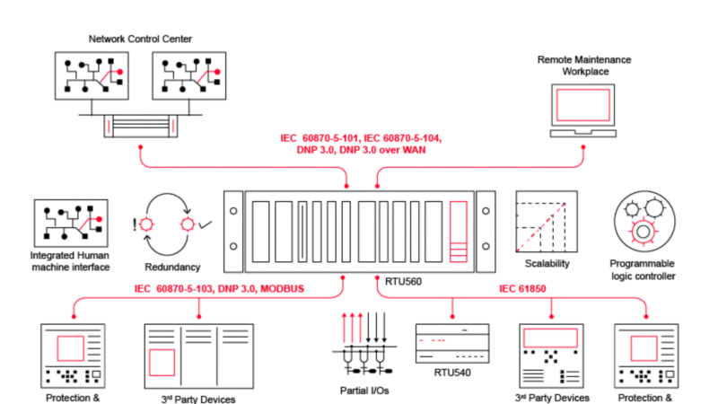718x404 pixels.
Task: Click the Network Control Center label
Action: [x=140, y=39]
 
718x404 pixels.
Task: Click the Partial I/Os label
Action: [x=364, y=391]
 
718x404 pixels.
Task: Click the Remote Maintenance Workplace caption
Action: [x=584, y=65]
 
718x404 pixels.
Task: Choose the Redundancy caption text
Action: [x=172, y=267]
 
